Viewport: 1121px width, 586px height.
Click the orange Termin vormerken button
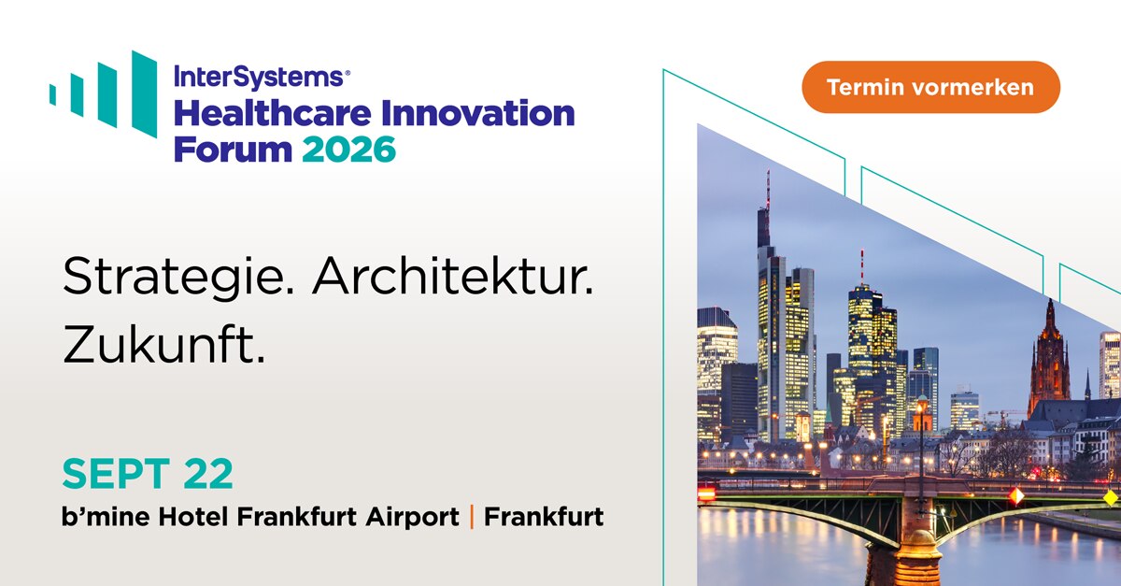930,87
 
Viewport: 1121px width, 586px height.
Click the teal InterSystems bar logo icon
104,93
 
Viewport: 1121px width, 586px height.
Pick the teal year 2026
348,148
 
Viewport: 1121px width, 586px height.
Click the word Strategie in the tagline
178,278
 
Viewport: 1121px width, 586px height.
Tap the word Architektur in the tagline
453,278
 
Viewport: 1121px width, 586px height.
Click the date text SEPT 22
148,475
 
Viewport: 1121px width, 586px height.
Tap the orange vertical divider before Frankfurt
472,516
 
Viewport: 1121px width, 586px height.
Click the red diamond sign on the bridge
1015,495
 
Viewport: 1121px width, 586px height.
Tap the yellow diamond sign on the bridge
1110,496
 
